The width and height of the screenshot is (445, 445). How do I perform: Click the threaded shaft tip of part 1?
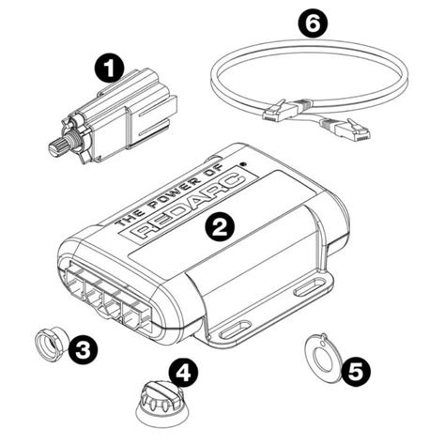56,146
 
